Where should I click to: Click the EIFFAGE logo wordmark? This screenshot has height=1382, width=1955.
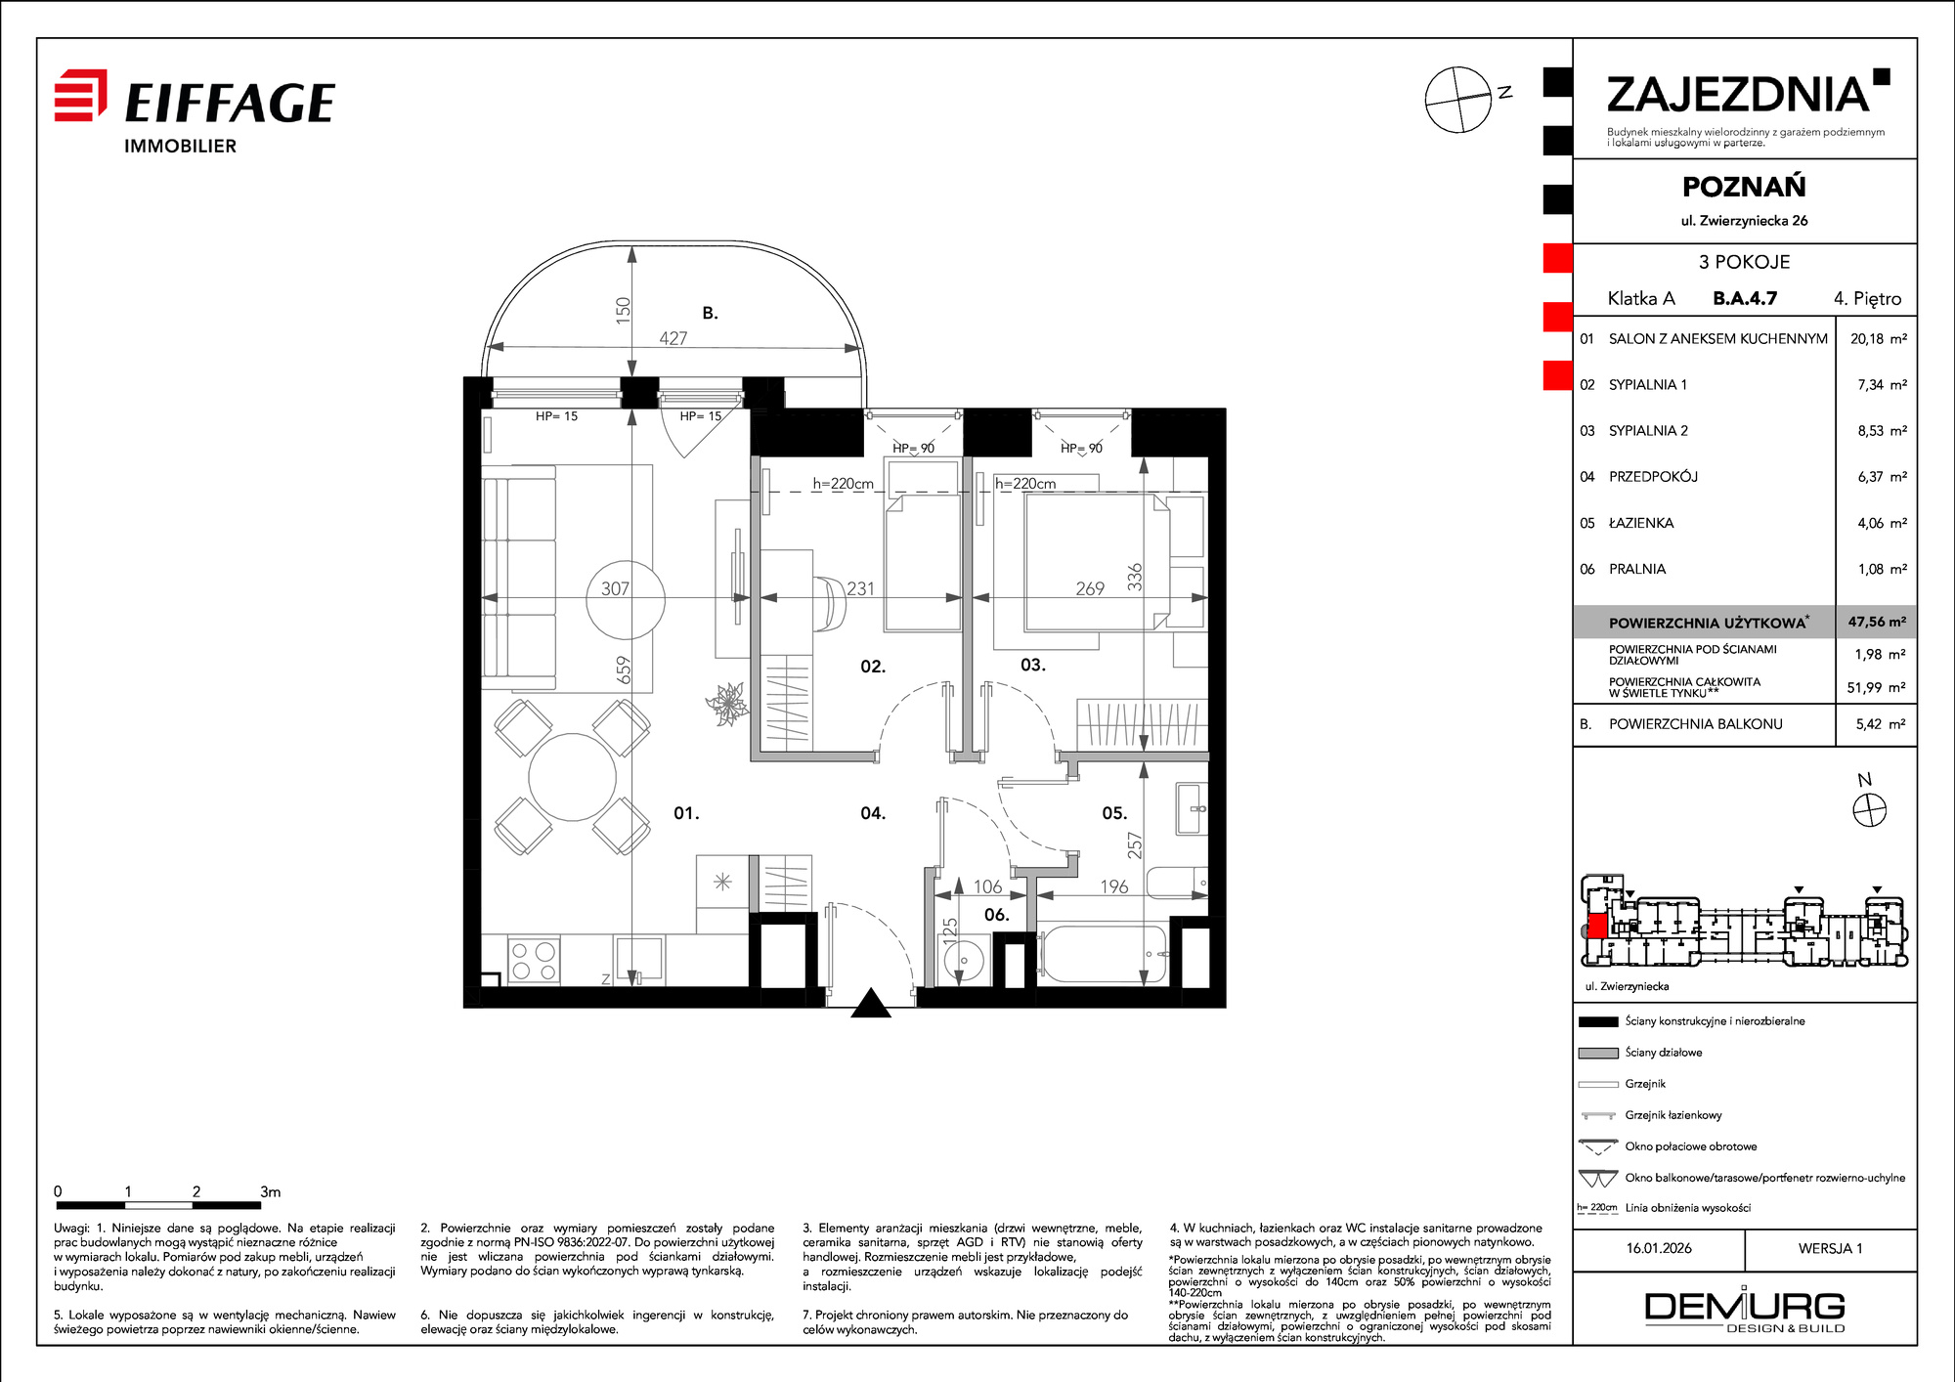pyautogui.click(x=230, y=103)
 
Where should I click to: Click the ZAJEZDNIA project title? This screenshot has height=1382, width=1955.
pyautogui.click(x=1738, y=95)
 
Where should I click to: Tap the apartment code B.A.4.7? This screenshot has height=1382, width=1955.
pyautogui.click(x=1745, y=298)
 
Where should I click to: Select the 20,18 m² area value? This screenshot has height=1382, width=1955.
pyautogui.click(x=1878, y=339)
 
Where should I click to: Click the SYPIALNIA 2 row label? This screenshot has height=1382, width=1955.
pyautogui.click(x=1648, y=431)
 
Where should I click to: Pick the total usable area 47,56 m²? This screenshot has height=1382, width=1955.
pyautogui.click(x=1877, y=622)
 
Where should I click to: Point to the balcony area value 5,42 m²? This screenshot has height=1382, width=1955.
pyautogui.click(x=1881, y=724)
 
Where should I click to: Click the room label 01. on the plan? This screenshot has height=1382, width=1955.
pyautogui.click(x=686, y=813)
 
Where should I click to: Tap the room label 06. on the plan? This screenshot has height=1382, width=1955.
pyautogui.click(x=996, y=915)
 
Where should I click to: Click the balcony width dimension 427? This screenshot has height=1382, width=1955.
pyautogui.click(x=673, y=338)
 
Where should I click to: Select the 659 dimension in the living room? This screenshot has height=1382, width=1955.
pyautogui.click(x=624, y=669)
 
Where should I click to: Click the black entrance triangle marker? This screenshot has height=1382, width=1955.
pyautogui.click(x=870, y=1004)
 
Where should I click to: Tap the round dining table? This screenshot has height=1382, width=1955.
pyautogui.click(x=573, y=778)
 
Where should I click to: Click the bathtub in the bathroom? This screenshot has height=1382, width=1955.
pyautogui.click(x=1101, y=954)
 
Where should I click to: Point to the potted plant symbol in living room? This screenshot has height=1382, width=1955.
pyautogui.click(x=727, y=704)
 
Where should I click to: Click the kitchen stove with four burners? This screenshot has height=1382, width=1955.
pyautogui.click(x=533, y=960)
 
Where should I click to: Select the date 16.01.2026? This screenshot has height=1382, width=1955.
pyautogui.click(x=1659, y=1248)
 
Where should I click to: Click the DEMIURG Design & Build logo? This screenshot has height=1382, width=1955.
pyautogui.click(x=1745, y=1312)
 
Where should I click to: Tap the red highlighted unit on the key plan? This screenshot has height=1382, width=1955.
pyautogui.click(x=1596, y=926)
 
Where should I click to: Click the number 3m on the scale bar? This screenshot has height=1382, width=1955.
pyautogui.click(x=271, y=1191)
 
